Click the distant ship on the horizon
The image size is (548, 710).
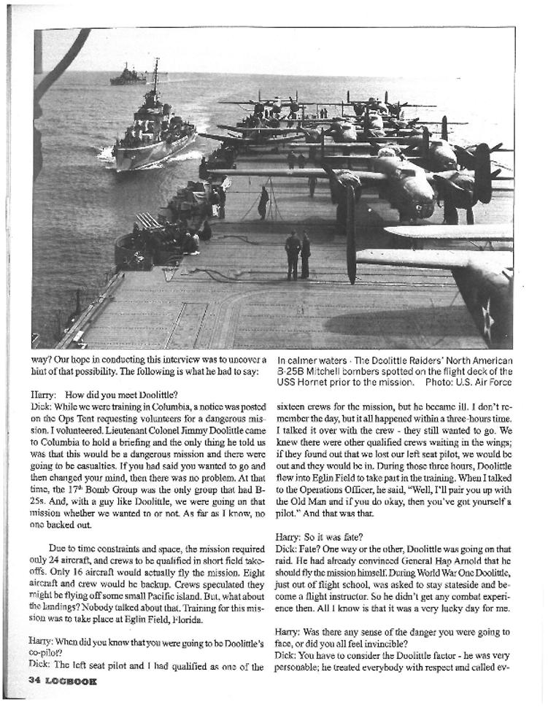click(x=128, y=74)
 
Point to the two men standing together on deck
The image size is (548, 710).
click(x=298, y=255)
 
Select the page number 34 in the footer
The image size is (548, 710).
click(x=35, y=681)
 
